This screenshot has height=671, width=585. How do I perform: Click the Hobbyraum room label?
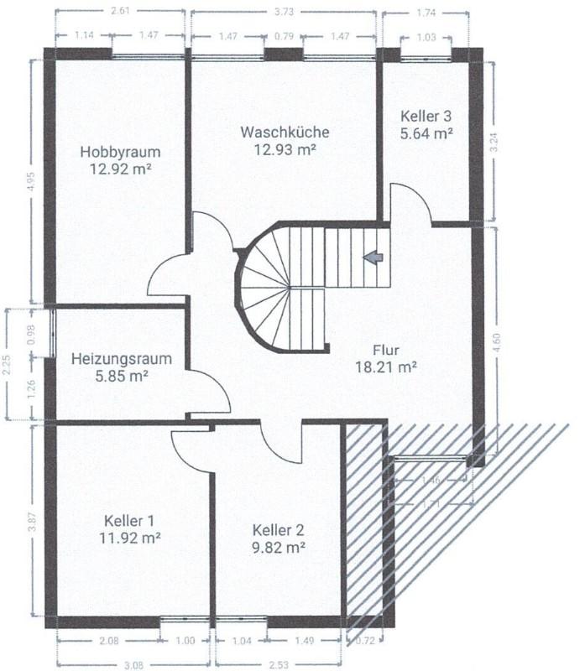(x=120, y=152)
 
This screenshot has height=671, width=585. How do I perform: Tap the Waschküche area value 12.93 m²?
(x=285, y=150)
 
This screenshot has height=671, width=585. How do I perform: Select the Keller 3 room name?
(x=426, y=116)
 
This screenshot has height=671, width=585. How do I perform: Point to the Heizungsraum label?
(x=122, y=359)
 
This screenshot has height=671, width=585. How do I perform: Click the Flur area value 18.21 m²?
(x=386, y=367)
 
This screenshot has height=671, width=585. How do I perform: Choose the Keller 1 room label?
(x=129, y=521)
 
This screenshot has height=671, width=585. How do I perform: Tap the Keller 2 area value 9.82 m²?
(x=279, y=548)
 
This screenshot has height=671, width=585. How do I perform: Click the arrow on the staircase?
(x=373, y=257)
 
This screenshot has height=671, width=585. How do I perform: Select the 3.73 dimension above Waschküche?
(x=284, y=12)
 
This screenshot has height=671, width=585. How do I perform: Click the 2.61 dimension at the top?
(x=120, y=11)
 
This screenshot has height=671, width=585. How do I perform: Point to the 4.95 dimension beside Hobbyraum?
(x=32, y=182)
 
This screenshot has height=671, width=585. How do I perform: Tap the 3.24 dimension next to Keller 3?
(x=494, y=143)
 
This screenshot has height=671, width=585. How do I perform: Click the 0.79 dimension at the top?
(x=284, y=36)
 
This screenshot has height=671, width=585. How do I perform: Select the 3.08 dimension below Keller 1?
(x=133, y=665)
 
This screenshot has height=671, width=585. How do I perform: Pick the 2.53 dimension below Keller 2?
(x=279, y=665)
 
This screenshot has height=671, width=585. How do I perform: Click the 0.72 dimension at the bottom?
(x=365, y=641)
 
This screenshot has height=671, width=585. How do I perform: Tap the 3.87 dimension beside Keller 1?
(x=32, y=522)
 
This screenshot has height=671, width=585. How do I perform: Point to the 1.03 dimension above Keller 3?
(x=426, y=37)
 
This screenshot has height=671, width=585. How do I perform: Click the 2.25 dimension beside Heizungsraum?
(x=7, y=365)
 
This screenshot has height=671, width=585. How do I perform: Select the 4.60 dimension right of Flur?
(x=497, y=342)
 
